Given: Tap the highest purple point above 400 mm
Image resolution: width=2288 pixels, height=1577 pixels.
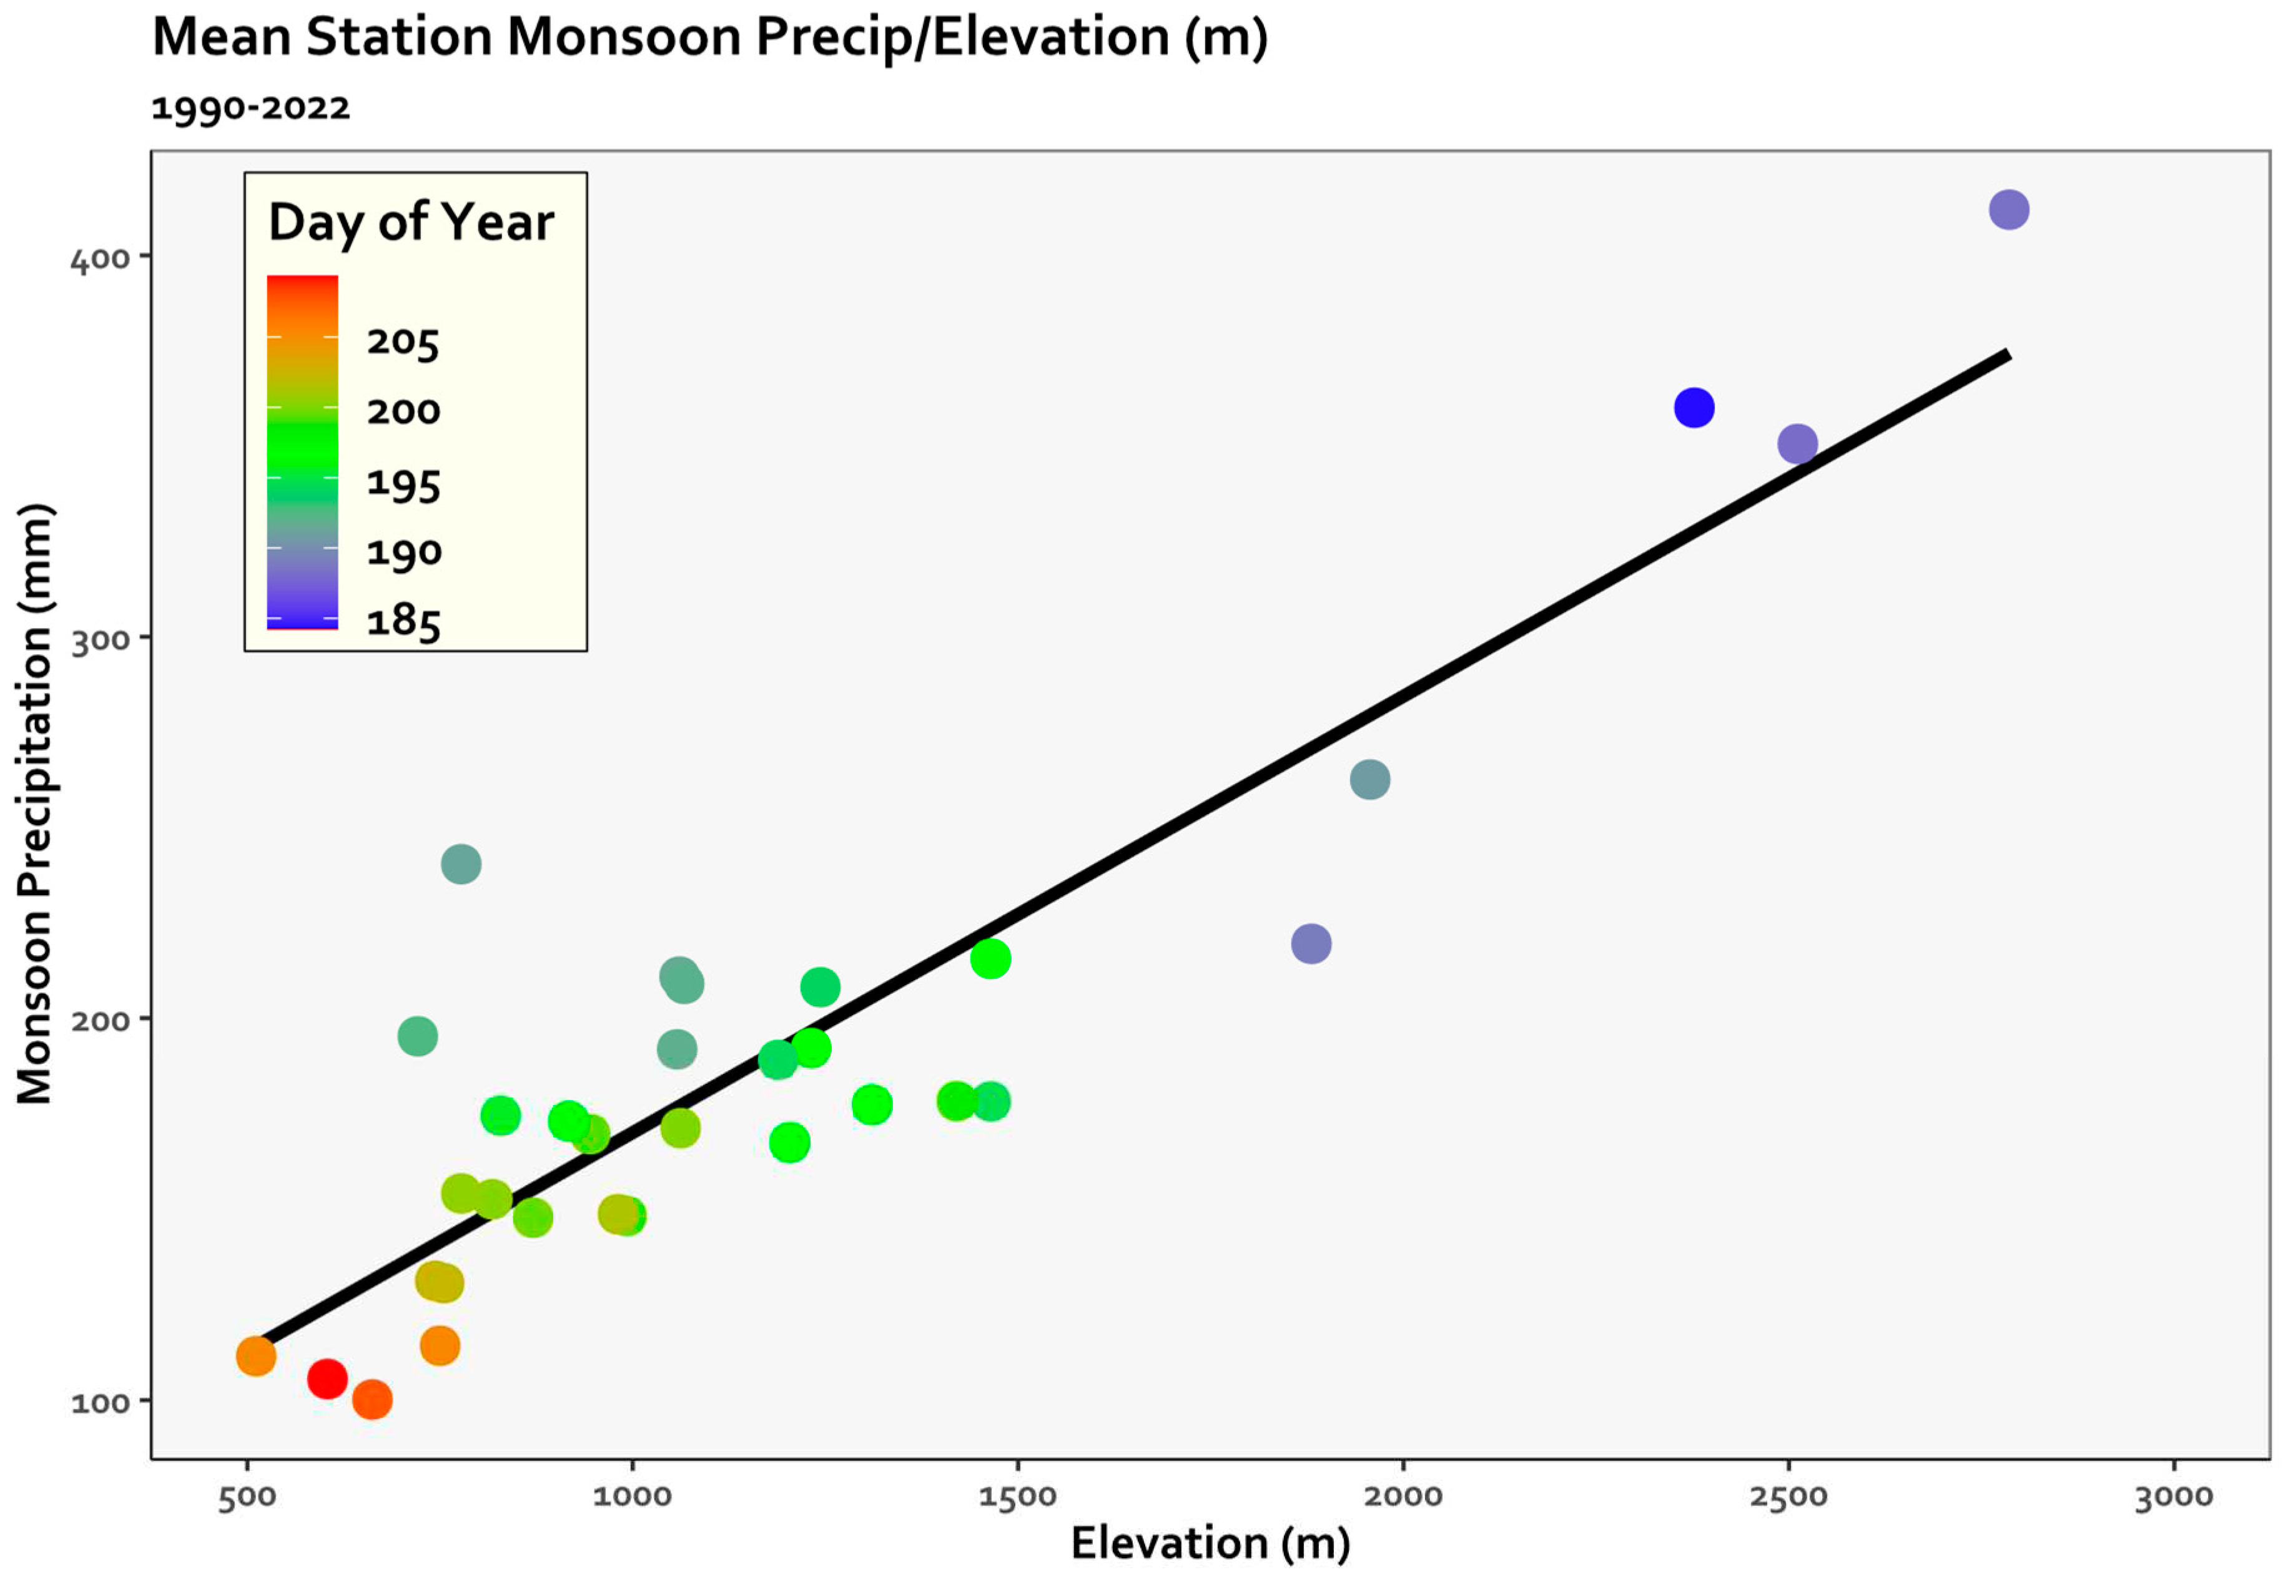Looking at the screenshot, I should pos(2008,210).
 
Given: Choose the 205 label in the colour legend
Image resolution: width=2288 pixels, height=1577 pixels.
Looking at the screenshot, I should pos(402,342).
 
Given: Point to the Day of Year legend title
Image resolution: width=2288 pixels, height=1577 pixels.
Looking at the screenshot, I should pos(411,222).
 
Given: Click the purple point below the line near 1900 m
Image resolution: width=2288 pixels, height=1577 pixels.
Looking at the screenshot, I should pos(1311,943).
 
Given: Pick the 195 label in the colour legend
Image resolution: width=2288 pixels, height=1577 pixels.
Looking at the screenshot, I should pos(402,483).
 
